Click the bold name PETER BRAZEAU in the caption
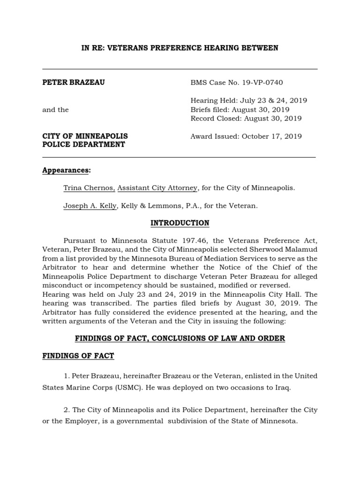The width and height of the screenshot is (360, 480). point(74,83)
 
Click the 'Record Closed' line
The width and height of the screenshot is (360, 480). point(246,119)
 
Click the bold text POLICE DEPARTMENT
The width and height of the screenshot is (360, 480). point(83,145)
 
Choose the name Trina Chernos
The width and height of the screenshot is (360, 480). point(89,188)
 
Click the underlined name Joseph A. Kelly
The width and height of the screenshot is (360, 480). point(90,206)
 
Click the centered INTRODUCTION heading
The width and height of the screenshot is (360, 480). point(180,223)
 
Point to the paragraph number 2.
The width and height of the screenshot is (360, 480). point(66,410)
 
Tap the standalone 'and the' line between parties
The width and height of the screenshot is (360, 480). point(55,110)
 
